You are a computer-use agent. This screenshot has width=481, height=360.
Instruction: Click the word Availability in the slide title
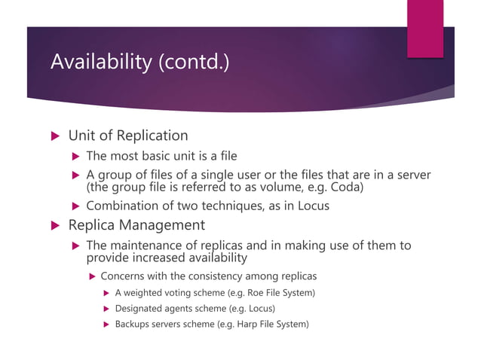point(100,62)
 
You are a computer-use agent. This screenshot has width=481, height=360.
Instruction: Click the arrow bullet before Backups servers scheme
point(106,325)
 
